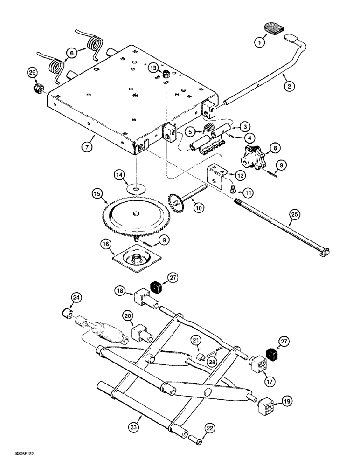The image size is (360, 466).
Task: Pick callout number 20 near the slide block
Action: pyautogui.click(x=127, y=316)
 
